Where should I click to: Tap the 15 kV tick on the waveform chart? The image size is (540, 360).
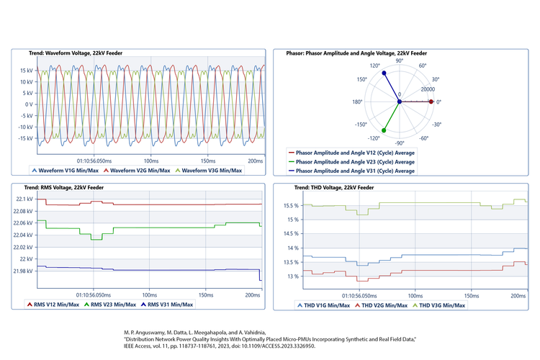25,70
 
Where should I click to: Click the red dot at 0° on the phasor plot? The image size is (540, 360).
431,102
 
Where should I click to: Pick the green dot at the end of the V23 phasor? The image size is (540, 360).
383,131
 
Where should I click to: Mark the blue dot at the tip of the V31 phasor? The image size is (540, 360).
384,73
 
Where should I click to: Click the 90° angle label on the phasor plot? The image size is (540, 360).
400,62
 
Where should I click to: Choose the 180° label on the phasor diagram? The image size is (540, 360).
356,102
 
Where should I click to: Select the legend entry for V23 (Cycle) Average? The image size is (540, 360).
355,162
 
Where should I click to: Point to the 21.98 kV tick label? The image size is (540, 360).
22,271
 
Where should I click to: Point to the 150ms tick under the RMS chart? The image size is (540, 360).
206,294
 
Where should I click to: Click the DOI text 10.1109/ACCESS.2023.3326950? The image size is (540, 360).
274,346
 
